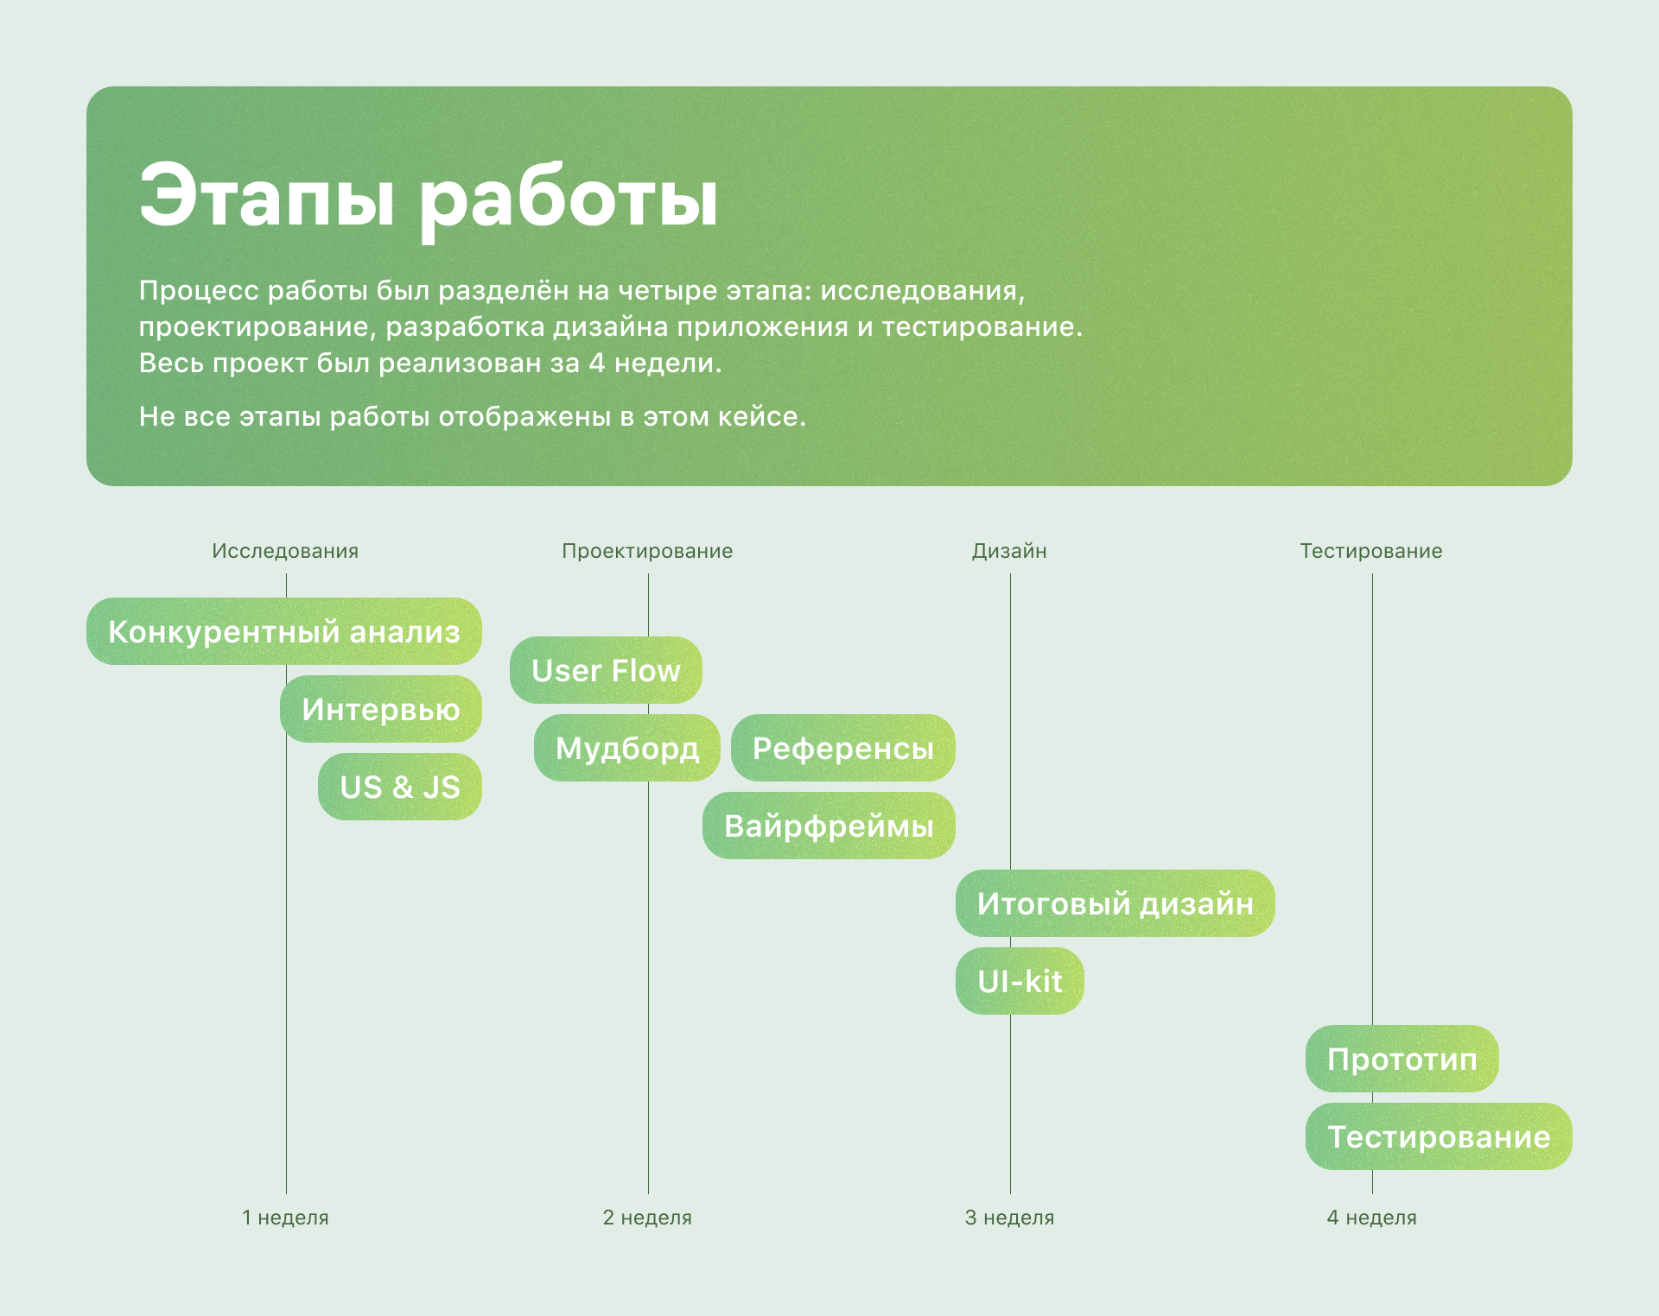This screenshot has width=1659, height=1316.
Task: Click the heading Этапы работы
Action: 429,198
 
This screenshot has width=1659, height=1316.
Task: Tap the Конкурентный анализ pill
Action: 284,631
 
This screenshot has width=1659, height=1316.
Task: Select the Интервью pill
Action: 381,709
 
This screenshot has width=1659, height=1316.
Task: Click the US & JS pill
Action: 400,787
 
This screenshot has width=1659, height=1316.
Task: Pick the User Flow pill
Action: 606,670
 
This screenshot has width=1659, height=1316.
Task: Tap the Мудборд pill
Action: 627,748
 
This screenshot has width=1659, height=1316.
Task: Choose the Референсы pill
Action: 843,748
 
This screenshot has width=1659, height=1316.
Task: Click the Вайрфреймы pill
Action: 829,826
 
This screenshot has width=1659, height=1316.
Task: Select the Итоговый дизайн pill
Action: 1116,903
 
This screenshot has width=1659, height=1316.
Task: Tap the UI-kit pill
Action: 1020,981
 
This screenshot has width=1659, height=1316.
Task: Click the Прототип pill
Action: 1402,1059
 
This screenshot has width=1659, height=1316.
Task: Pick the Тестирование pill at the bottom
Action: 1439,1136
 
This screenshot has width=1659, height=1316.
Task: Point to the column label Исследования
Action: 285,551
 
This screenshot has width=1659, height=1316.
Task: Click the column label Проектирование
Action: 647,551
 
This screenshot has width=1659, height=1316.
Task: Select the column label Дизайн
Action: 1009,551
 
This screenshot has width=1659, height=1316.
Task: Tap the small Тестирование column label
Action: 1371,551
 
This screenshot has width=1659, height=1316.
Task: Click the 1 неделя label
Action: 285,1218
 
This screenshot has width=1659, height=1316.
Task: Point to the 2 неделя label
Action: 647,1218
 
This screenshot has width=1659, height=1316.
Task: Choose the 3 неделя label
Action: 1009,1218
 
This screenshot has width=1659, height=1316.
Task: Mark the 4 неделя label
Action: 1371,1218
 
